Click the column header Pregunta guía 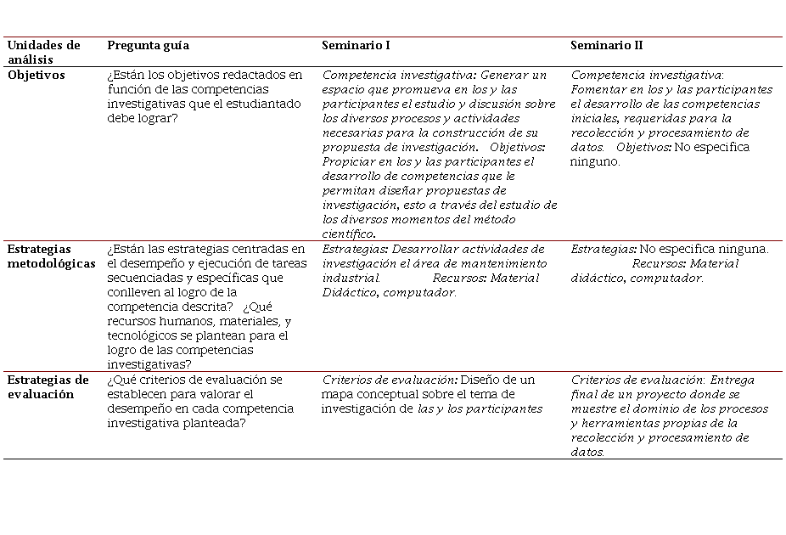148,45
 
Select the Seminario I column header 356,45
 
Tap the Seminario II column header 606,45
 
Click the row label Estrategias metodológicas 51,256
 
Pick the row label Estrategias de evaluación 48,387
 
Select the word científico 349,234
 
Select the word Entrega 733,380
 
